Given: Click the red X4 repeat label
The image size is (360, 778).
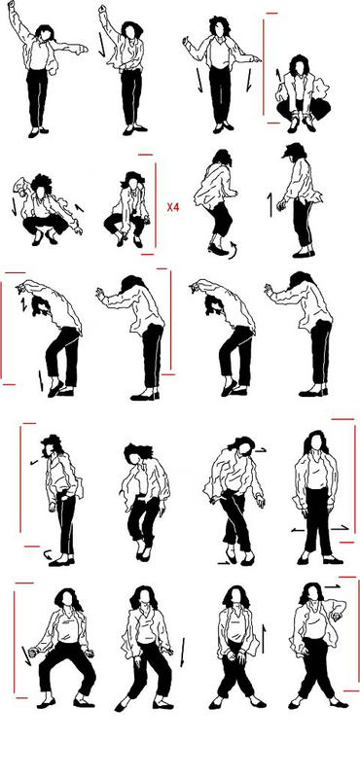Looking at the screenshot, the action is (x=173, y=207).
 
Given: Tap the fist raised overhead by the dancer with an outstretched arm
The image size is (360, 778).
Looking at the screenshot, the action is (x=11, y=4).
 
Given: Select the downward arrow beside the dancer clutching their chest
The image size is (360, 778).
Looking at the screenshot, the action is (x=102, y=45).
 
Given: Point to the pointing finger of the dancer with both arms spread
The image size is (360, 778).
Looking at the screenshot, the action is (x=256, y=59).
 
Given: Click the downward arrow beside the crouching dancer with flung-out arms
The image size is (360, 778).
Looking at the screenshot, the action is (x=14, y=207).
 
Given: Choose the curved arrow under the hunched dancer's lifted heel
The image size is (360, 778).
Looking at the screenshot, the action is (x=233, y=249).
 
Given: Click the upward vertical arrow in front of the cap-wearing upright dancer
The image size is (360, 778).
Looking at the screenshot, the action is (x=270, y=205).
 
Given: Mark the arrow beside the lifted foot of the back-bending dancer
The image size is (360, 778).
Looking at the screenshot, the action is (x=41, y=380).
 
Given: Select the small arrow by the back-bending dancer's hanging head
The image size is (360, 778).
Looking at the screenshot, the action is (x=23, y=305).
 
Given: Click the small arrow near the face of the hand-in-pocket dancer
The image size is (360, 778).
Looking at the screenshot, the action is (x=34, y=463).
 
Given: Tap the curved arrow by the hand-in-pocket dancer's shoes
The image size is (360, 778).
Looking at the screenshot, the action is (x=49, y=553).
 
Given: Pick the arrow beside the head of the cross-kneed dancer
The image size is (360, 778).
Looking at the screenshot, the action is (x=261, y=450).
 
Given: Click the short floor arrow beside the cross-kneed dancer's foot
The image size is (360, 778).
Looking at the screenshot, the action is (x=224, y=563).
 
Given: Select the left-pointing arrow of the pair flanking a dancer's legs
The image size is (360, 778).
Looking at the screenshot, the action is (x=298, y=530).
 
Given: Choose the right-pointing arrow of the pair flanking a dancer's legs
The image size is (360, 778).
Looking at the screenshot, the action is (x=341, y=529).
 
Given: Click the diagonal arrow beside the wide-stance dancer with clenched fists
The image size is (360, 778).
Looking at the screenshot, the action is (x=26, y=654).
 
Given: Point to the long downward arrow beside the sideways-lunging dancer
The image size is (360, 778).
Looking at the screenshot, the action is (x=182, y=652).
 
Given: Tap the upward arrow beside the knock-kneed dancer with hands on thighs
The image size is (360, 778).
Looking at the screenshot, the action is (x=264, y=639).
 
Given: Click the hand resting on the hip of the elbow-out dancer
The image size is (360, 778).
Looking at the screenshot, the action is (x=338, y=617).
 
